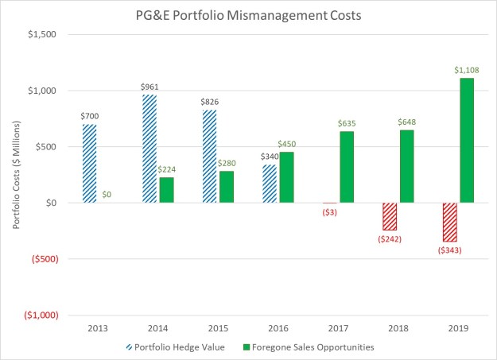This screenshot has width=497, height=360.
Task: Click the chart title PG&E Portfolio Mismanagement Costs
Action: point(247,14)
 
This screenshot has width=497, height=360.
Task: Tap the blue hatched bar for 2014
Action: point(149,149)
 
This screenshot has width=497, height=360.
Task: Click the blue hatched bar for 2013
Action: point(89,164)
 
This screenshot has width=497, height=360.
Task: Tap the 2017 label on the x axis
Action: point(339,327)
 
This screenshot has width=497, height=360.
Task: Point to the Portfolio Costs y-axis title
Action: point(16,175)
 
